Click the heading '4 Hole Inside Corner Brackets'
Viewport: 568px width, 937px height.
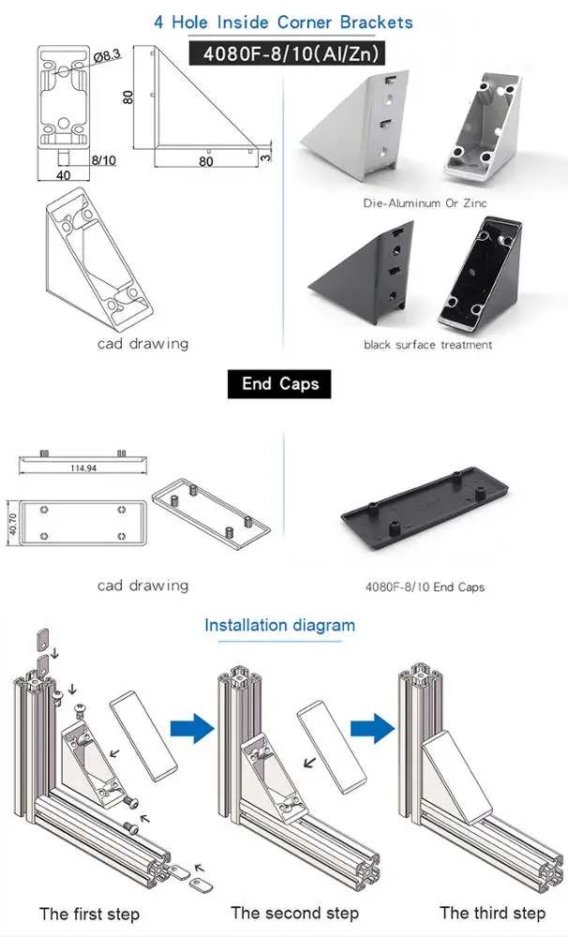point(283,21)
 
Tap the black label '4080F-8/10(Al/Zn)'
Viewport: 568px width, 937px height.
point(284,54)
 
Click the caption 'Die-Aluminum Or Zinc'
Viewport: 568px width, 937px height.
point(426,202)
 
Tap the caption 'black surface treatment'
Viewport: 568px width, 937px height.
point(427,345)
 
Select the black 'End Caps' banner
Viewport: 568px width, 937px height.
point(280,384)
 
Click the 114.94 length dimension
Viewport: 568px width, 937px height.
point(84,468)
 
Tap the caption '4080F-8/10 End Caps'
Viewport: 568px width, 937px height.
point(425,587)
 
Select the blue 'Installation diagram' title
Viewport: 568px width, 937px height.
point(280,625)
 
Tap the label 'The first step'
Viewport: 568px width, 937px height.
point(89,914)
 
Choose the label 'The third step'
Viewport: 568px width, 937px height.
point(492,913)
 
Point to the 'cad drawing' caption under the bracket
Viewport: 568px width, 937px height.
point(142,343)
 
